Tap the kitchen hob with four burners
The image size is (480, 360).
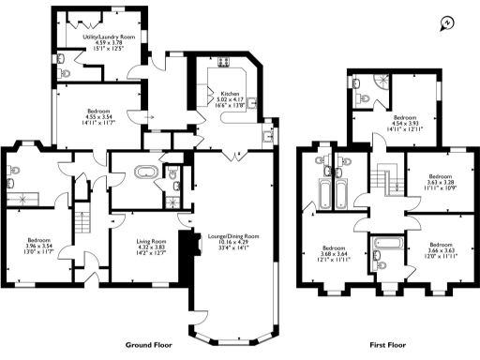pos(225,63)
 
